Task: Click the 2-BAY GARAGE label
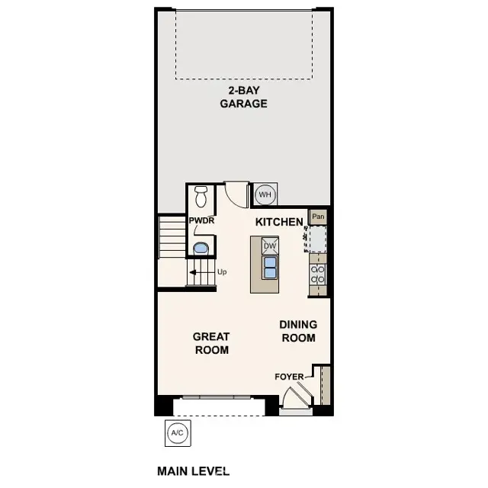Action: point(244,98)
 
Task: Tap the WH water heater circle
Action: point(265,194)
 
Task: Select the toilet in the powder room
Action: point(201,197)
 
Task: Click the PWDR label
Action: point(201,221)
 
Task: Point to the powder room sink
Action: point(201,248)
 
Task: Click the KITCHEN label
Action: point(279,221)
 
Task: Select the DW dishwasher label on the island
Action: point(269,246)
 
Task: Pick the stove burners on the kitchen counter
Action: point(318,274)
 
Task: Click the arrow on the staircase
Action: point(195,271)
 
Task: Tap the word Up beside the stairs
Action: point(222,271)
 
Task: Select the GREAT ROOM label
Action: point(211,343)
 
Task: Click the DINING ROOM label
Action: point(298,331)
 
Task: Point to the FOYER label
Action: point(290,377)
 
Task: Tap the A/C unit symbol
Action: point(177,434)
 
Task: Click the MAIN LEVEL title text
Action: point(193,471)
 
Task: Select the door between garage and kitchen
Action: point(236,192)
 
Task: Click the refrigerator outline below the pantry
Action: point(316,239)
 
